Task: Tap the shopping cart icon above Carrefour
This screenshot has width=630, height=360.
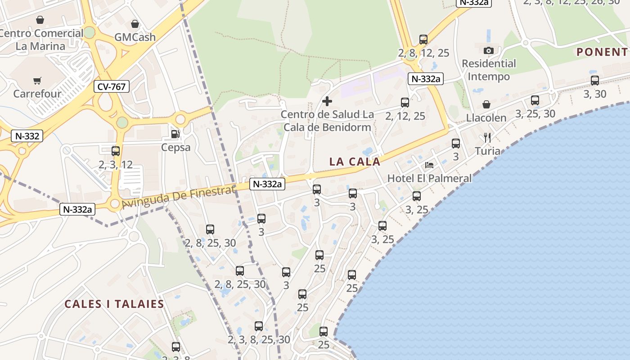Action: click(37, 81)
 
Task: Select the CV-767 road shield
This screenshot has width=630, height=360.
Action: click(112, 86)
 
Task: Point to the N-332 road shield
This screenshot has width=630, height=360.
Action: click(27, 136)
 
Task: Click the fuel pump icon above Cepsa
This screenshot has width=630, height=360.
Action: click(175, 134)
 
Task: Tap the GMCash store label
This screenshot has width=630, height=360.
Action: click(135, 37)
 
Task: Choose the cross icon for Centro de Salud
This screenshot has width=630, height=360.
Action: click(327, 101)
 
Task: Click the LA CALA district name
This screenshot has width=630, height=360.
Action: click(355, 162)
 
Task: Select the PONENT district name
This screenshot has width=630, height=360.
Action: click(602, 52)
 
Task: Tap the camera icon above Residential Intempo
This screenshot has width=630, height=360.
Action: click(489, 50)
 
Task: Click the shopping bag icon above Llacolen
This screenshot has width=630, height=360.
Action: click(486, 105)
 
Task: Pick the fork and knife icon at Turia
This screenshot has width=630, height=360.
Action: click(487, 138)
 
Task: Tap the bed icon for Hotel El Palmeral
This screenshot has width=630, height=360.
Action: click(429, 165)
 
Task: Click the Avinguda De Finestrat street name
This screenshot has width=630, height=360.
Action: click(178, 197)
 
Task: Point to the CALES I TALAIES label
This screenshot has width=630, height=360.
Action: click(114, 304)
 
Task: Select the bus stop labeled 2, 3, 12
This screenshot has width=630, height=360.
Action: click(116, 151)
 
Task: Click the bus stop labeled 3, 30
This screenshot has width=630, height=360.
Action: click(595, 81)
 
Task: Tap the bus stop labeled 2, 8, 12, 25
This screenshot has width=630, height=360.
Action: click(423, 40)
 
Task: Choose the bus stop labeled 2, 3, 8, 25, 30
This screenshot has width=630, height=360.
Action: click(259, 326)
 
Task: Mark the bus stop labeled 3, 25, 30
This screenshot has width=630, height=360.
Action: click(535, 100)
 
